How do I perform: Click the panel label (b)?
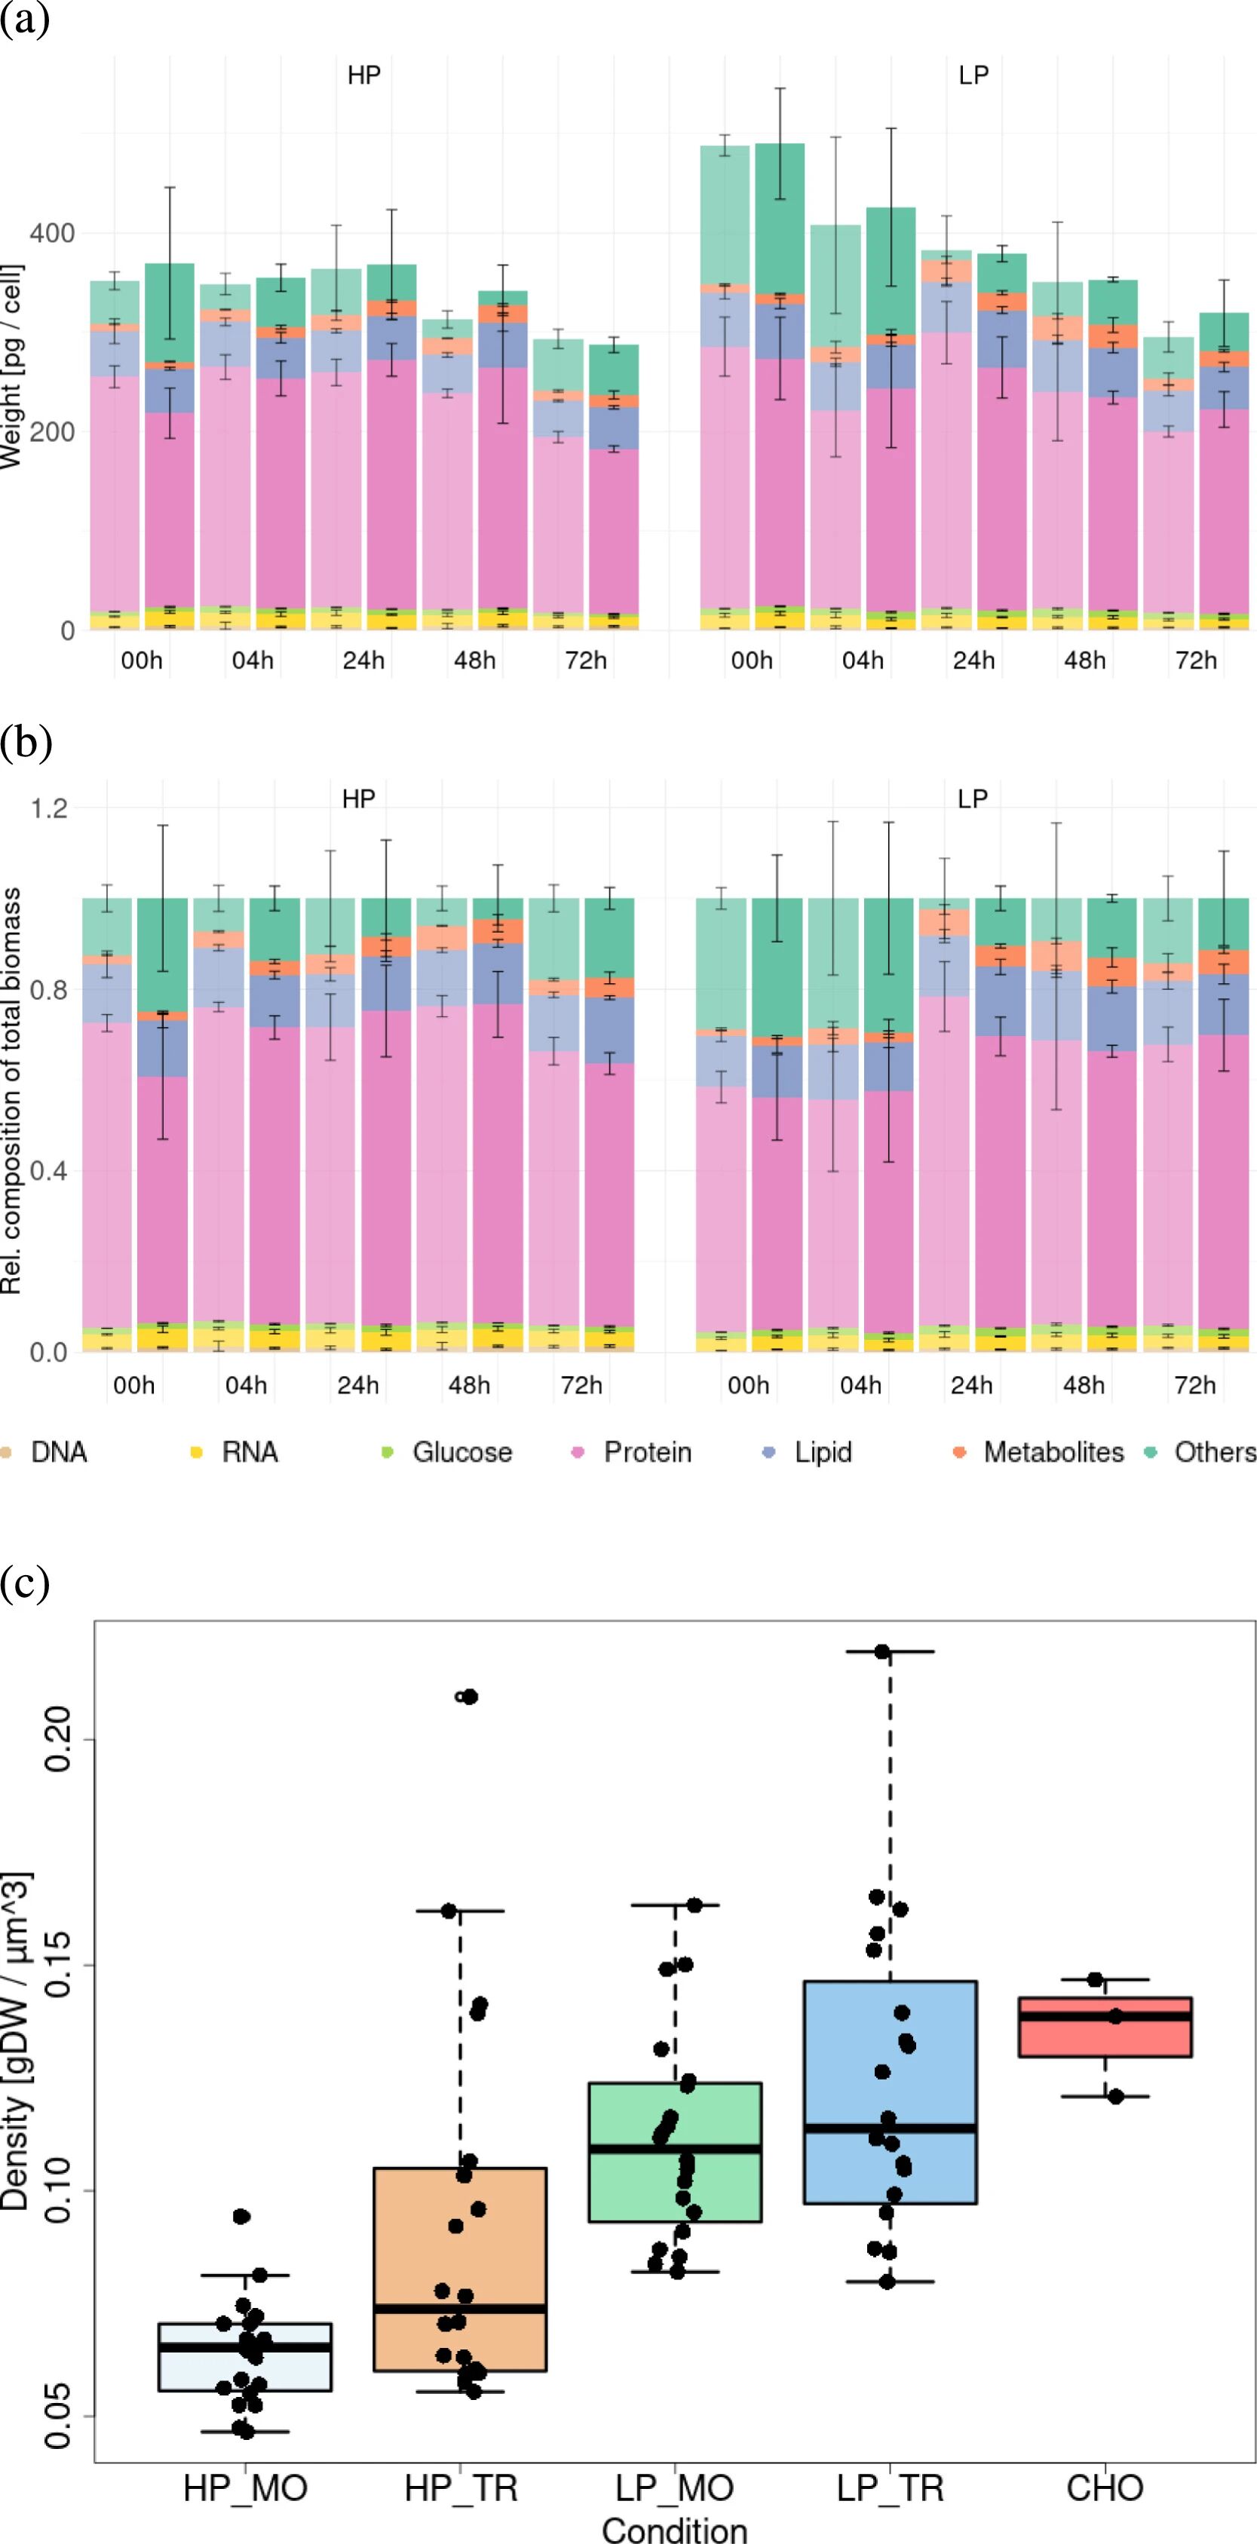click(26, 743)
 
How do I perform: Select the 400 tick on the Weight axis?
click(52, 234)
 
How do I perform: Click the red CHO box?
click(1105, 2027)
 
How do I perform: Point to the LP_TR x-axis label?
click(890, 2487)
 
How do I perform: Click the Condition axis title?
click(674, 2529)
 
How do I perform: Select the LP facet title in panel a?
click(973, 76)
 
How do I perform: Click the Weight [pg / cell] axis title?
click(12, 366)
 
